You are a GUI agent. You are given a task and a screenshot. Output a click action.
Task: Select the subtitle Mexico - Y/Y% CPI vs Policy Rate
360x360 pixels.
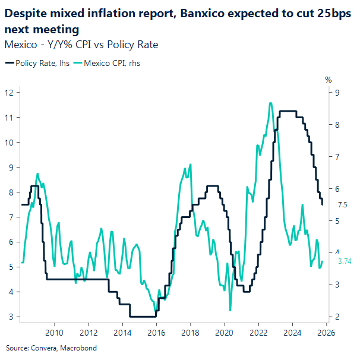point(81,45)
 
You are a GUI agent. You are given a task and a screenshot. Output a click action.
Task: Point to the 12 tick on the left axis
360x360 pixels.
point(10,92)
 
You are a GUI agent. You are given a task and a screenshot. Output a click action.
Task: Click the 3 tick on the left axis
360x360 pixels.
point(11,317)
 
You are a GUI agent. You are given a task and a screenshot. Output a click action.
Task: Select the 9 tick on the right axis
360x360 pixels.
point(337,92)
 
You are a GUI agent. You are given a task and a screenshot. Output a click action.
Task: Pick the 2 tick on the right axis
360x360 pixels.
point(337,317)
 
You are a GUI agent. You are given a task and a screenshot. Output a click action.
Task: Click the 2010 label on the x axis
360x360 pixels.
point(54,332)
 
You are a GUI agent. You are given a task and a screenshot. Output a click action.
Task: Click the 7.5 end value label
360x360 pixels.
point(342,205)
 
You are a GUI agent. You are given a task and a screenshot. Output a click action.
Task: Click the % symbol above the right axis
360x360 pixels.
point(328,79)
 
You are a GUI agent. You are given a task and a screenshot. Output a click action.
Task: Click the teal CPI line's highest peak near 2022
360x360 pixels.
point(270,103)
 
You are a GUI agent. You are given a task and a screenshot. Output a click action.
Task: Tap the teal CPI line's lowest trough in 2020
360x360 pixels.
point(230,310)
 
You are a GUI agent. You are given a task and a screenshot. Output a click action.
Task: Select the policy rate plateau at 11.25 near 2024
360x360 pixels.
point(288,111)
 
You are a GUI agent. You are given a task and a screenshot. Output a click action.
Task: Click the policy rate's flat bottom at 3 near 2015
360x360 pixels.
point(141,317)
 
